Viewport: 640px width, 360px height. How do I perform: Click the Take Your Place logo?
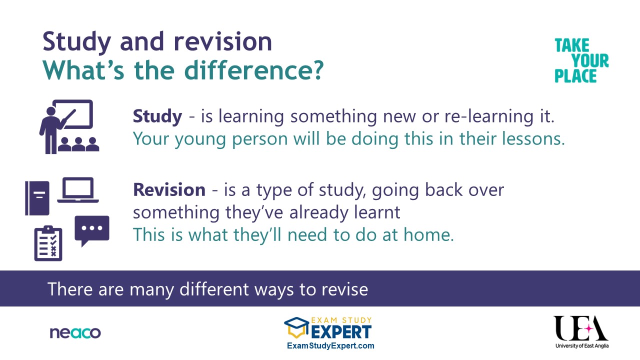[x=581, y=60]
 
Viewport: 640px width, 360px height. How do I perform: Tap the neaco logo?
[x=75, y=333]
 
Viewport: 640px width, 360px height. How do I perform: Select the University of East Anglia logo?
[x=581, y=332]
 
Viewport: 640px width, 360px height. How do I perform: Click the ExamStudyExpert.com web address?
[x=330, y=345]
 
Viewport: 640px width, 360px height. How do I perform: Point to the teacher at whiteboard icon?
[x=69, y=126]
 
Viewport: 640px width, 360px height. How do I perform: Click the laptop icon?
[x=78, y=190]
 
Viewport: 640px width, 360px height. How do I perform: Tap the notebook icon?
[x=37, y=198]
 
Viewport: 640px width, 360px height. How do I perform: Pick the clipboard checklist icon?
[x=48, y=243]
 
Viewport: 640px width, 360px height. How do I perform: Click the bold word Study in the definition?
[x=157, y=117]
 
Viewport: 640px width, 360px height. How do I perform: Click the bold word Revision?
[x=169, y=190]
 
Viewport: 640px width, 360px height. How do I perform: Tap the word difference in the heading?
[x=254, y=70]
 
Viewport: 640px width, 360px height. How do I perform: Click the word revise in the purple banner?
[x=345, y=289]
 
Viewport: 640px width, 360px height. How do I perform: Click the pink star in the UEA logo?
[x=589, y=329]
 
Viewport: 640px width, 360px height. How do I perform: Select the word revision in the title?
[x=223, y=42]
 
